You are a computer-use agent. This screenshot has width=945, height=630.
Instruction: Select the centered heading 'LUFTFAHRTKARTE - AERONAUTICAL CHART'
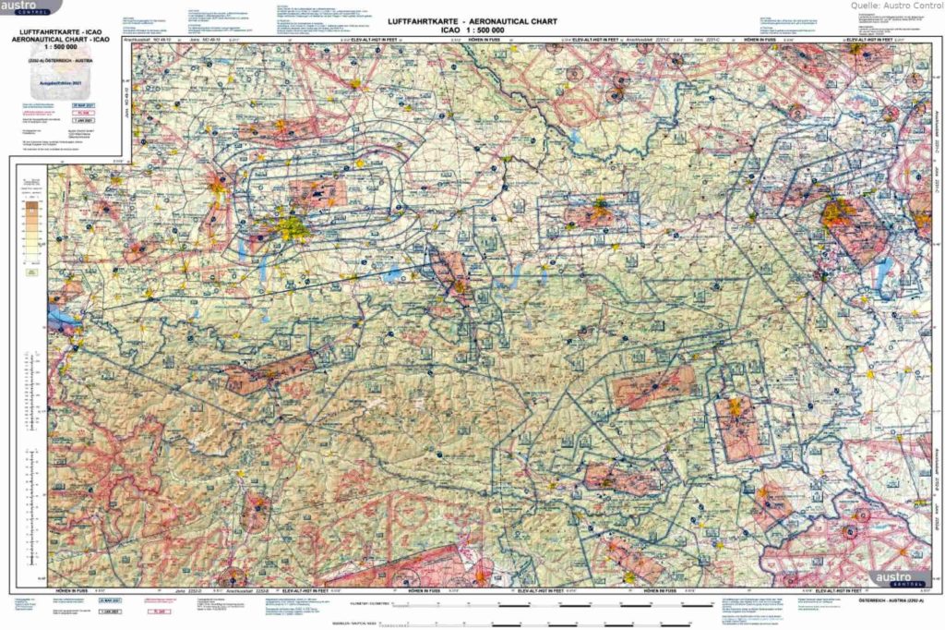[472, 20]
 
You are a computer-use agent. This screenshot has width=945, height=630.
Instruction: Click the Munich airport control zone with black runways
[318, 191]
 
